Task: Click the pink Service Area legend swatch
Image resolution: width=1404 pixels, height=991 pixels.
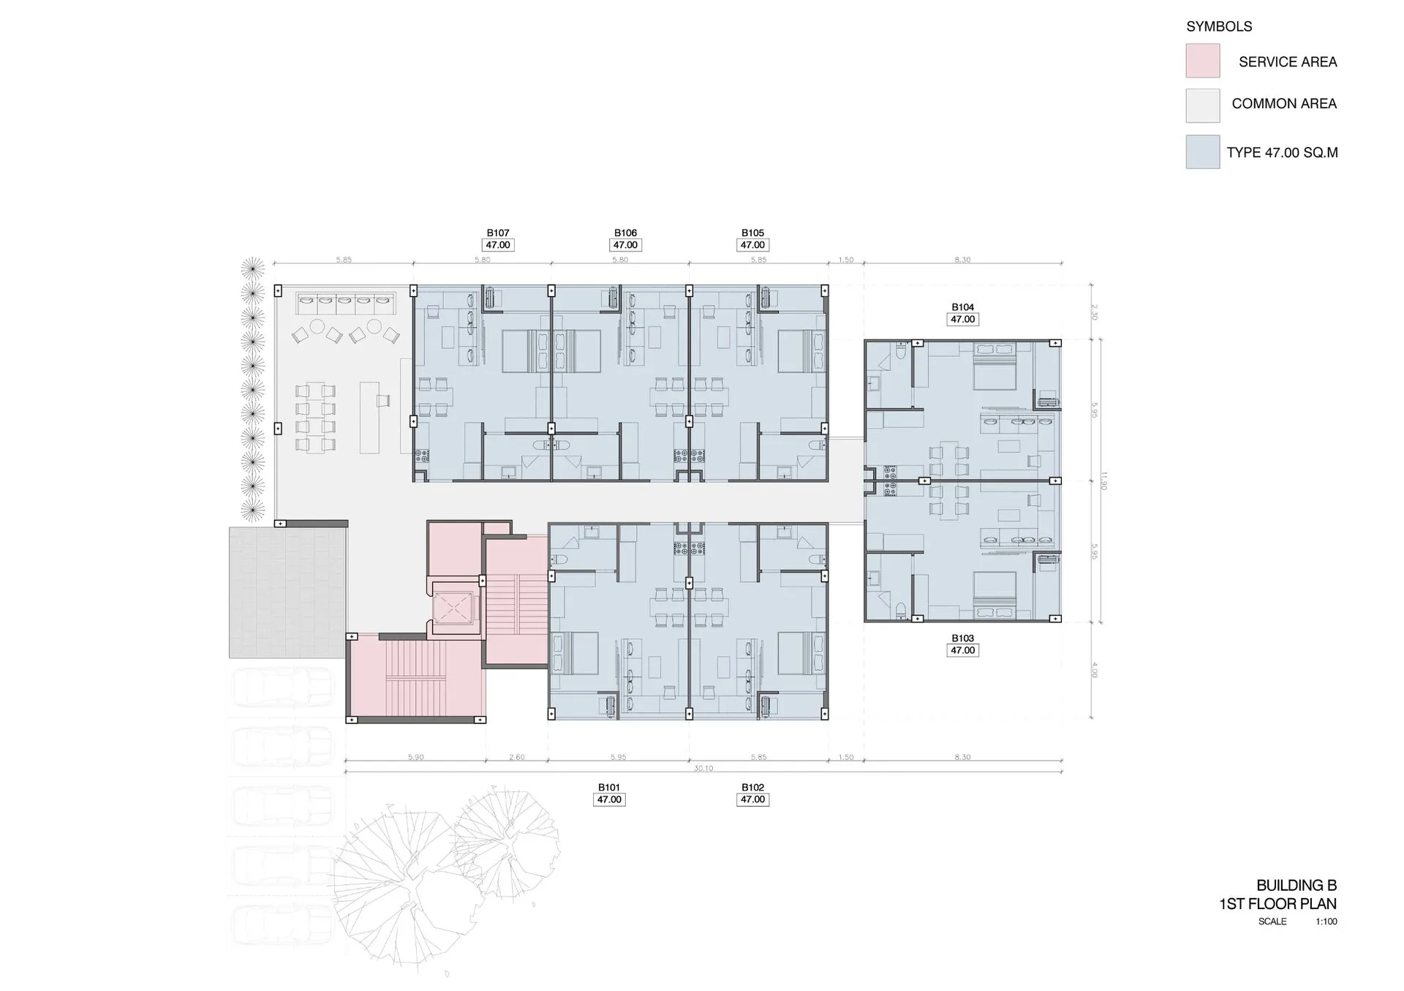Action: (1202, 61)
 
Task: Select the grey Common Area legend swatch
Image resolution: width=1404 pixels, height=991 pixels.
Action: (1202, 105)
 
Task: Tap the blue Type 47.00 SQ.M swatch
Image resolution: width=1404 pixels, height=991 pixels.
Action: (1202, 152)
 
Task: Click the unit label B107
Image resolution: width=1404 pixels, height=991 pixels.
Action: (498, 233)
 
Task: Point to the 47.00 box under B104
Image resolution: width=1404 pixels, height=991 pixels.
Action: (962, 320)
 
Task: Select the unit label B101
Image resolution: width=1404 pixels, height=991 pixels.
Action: (608, 788)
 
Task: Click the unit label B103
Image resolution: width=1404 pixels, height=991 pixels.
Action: (962, 638)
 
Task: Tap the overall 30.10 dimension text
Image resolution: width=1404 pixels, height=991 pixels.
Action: (703, 769)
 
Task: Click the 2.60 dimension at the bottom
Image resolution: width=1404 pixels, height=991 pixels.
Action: (516, 758)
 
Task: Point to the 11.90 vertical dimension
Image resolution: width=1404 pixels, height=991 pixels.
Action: (1103, 481)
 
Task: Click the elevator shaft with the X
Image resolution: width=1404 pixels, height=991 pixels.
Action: (453, 608)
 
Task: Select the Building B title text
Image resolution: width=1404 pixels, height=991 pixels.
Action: (1296, 886)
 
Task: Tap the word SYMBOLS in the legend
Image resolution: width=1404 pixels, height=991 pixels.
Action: (1218, 26)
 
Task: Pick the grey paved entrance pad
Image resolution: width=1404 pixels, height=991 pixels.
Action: (287, 592)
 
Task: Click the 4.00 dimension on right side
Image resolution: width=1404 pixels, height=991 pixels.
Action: (1095, 669)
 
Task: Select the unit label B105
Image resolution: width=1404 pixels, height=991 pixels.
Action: (752, 233)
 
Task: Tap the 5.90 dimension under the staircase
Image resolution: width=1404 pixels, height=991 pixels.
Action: (415, 758)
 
